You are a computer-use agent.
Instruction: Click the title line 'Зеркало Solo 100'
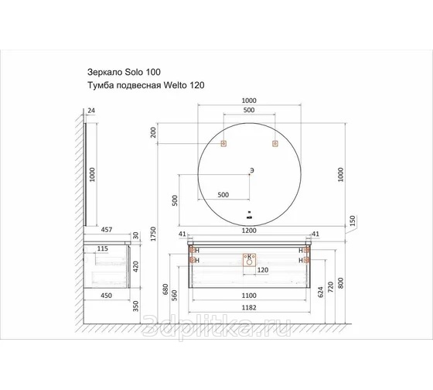[124, 72]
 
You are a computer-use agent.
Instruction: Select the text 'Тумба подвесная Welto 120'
[146, 85]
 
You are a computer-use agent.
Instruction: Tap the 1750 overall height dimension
[154, 234]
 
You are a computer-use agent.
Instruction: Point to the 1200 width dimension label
[249, 231]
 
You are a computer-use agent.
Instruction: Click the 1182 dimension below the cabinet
[249, 308]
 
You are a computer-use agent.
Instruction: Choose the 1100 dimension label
[249, 296]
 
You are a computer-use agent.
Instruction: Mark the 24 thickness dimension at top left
[91, 111]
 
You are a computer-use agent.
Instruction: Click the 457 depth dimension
[107, 230]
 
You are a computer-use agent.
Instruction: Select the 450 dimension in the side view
[107, 296]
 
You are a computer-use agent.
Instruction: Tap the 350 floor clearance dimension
[136, 306]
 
